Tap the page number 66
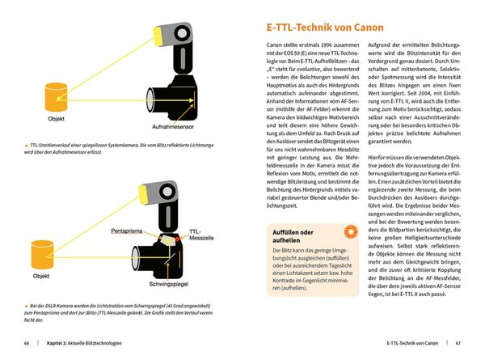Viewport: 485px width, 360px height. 27,344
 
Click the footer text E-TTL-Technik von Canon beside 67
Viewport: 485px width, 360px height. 408,344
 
